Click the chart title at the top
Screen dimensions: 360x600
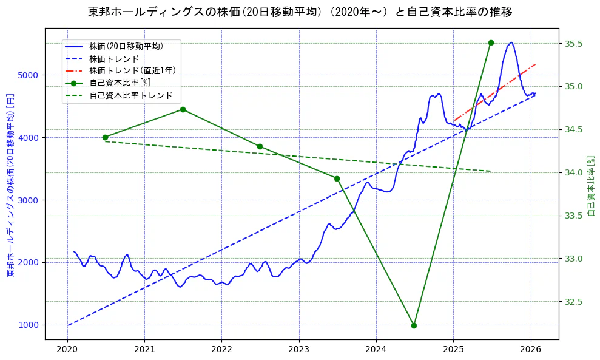click(300, 12)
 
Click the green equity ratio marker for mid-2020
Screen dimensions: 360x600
click(105, 137)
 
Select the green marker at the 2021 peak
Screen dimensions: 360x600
click(183, 109)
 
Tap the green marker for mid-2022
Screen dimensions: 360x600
click(260, 146)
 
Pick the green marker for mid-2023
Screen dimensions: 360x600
click(337, 178)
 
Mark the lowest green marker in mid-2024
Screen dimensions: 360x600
click(414, 325)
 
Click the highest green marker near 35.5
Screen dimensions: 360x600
click(491, 42)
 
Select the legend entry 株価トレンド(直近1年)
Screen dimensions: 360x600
click(132, 70)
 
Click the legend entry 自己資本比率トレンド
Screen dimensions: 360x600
click(130, 95)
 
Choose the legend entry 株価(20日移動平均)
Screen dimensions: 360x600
click(126, 46)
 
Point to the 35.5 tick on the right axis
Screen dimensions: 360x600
click(573, 44)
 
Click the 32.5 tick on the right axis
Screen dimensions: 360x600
click(573, 302)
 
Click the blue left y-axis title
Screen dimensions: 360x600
click(10, 185)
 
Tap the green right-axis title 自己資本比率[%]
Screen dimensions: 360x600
click(591, 185)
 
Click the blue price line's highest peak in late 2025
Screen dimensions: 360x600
click(511, 42)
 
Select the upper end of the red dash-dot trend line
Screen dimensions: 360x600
click(536, 64)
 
